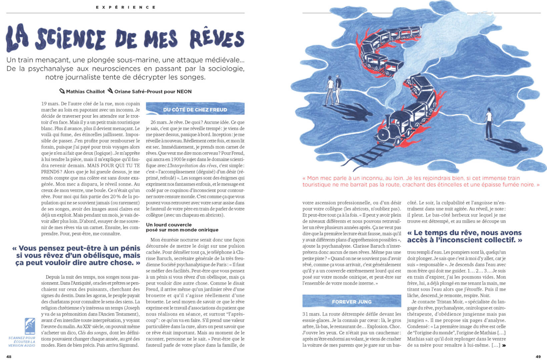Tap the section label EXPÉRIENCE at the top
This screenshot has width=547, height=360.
pyautogui.click(x=126, y=7)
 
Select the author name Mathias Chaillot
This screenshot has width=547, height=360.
pyautogui.click(x=85, y=92)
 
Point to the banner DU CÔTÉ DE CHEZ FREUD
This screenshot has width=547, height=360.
pyautogui.click(x=195, y=110)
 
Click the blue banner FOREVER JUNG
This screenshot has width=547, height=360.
pyautogui.click(x=352, y=302)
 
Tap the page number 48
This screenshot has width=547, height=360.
pyautogui.click(x=9, y=356)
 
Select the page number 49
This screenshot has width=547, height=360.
pyautogui.click(x=538, y=356)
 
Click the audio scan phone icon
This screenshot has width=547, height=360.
pyautogui.click(x=30, y=326)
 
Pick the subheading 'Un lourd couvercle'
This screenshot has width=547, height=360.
pyautogui.click(x=169, y=225)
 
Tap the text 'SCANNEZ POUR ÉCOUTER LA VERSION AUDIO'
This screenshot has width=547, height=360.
pyautogui.click(x=22, y=342)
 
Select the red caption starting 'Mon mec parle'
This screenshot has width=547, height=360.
pyautogui.click(x=420, y=181)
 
